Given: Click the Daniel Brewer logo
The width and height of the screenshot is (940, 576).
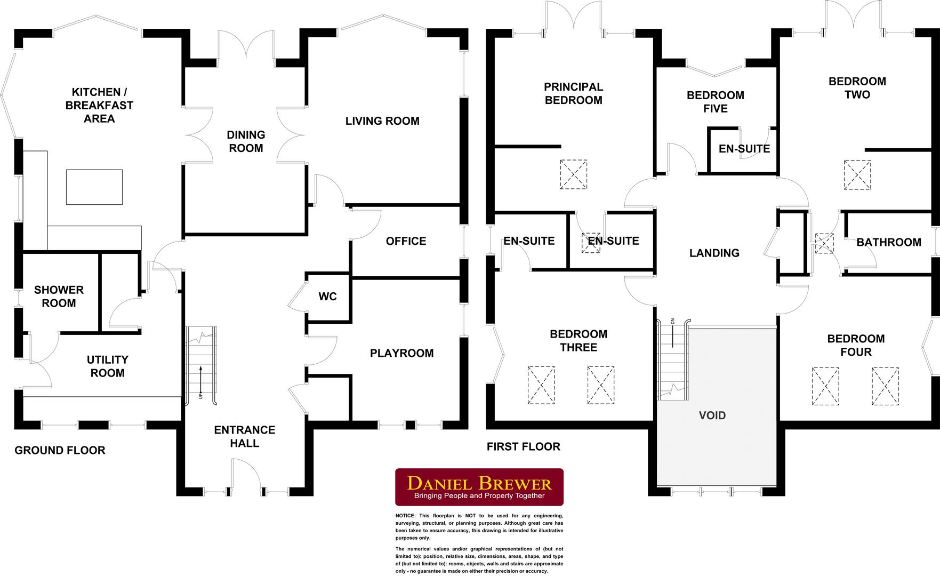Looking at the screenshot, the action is click(x=479, y=487).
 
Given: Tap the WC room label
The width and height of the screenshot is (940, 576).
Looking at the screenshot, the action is click(x=328, y=297).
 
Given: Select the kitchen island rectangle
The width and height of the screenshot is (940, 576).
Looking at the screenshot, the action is click(x=94, y=187).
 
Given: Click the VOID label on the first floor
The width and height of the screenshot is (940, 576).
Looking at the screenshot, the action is click(x=712, y=415).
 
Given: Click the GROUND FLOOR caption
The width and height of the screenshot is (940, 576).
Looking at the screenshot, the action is click(x=60, y=450).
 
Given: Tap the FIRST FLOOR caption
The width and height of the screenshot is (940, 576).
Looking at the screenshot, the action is click(x=524, y=446).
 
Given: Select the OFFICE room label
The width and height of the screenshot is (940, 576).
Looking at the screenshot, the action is click(x=406, y=241).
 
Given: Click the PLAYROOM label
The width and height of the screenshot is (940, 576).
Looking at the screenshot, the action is click(x=401, y=353).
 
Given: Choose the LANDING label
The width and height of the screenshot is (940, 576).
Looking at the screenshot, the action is click(x=714, y=253).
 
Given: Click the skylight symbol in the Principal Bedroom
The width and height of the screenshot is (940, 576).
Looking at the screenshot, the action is click(x=574, y=174).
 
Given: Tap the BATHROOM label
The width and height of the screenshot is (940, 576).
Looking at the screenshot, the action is click(x=889, y=242).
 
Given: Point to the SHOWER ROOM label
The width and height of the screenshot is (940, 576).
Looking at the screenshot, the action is click(x=59, y=297).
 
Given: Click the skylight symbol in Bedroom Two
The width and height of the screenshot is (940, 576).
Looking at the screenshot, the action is click(x=857, y=174).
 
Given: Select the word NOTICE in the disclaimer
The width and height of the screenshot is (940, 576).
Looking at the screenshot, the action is click(x=406, y=516).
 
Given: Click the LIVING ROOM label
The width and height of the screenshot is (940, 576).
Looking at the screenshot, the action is click(x=382, y=121).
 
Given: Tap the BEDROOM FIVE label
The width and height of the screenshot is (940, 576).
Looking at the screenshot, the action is click(x=715, y=102).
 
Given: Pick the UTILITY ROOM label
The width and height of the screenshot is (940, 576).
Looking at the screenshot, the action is click(x=107, y=366).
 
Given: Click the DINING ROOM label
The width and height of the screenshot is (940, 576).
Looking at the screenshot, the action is click(x=246, y=141).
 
